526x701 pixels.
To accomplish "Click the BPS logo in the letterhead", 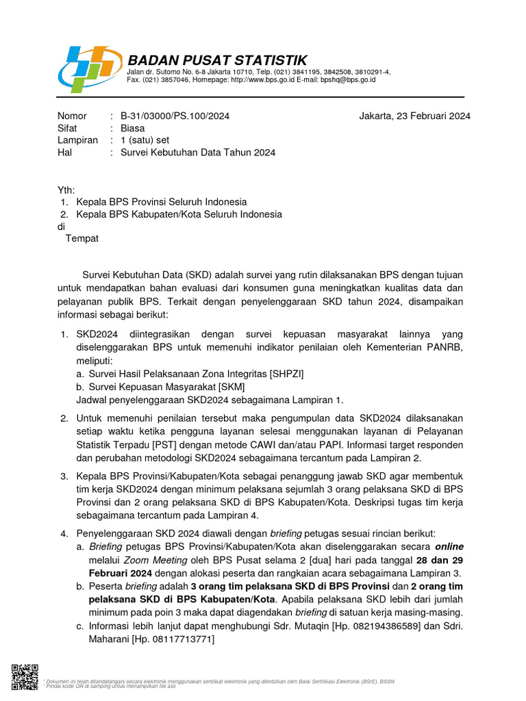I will click(90, 68).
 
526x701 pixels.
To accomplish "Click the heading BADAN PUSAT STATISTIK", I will click(218, 60).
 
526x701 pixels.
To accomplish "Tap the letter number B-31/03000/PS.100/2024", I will click(175, 116).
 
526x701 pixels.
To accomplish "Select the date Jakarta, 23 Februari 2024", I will click(414, 116).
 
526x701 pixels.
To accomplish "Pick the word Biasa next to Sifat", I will click(133, 128).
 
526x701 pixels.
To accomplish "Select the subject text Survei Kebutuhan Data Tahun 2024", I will click(198, 153).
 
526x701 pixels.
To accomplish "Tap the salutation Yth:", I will click(66, 190).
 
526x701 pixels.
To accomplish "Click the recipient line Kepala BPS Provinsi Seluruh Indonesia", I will click(162, 202).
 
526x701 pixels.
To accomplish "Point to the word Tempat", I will click(82, 238).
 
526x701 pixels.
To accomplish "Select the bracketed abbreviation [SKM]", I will click(231, 387).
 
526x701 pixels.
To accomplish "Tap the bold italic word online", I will click(447, 546).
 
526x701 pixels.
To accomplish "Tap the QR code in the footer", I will click(25, 676).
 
